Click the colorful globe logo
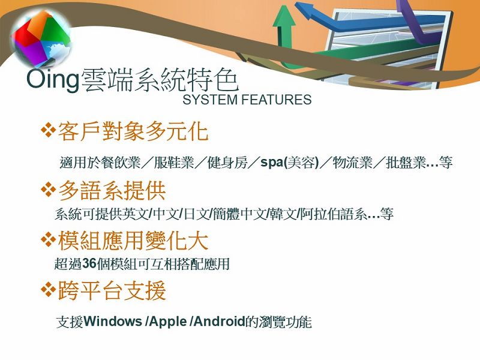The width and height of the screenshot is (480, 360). (x=41, y=38)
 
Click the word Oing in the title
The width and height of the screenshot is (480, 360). (x=53, y=80)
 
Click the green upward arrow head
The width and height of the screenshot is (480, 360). (x=284, y=16)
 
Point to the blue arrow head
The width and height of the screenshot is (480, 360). (x=306, y=10)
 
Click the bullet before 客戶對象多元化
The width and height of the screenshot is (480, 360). (x=48, y=130)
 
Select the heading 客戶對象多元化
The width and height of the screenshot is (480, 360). (x=133, y=131)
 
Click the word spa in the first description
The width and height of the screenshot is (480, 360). (x=272, y=162)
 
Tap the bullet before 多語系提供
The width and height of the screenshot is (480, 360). (x=48, y=189)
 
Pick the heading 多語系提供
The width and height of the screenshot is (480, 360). (x=112, y=190)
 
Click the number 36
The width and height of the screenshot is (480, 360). (x=89, y=263)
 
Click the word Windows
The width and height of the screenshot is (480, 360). (x=113, y=322)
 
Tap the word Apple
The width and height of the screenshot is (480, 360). (x=168, y=322)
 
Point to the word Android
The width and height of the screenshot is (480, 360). (x=220, y=322)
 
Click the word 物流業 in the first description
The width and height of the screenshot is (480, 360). (x=353, y=162)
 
